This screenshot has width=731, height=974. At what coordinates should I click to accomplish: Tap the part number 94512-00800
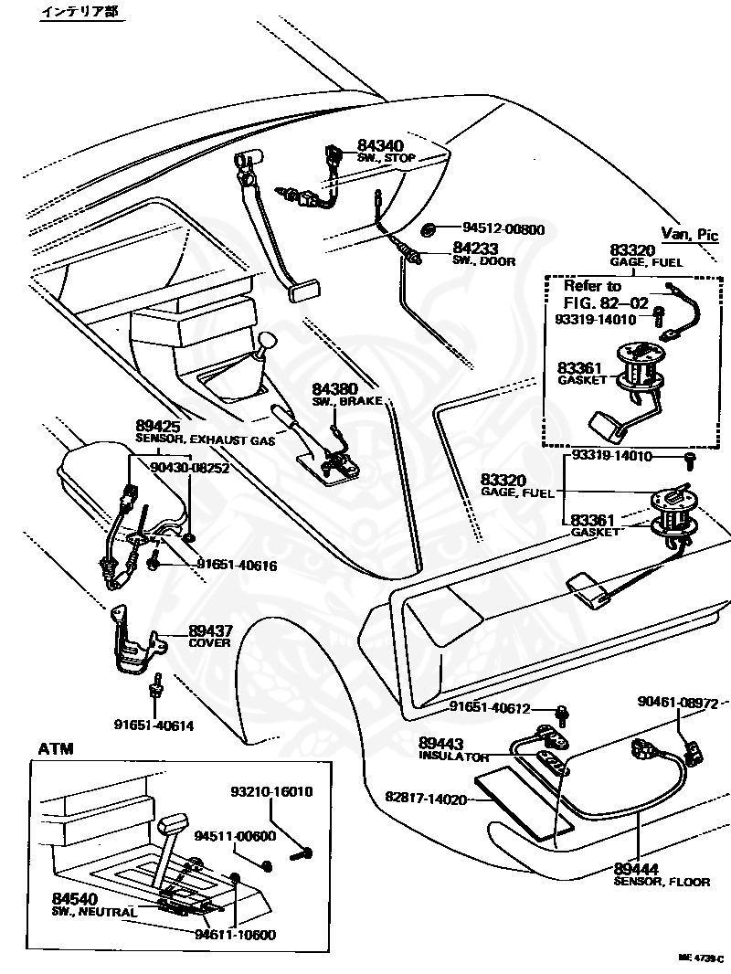pos(503,229)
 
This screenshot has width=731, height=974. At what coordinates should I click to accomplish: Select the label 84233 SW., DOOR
pos(483,253)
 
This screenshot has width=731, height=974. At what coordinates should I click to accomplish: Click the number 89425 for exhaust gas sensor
pos(158,427)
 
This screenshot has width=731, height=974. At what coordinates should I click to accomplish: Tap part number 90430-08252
pos(190,467)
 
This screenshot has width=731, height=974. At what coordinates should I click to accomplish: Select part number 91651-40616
pos(237,566)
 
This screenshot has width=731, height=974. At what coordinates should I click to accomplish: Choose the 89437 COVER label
pos(211,635)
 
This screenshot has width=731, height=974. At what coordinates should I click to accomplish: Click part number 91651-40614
pos(154,725)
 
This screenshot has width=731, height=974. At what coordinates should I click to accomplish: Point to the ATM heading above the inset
pos(56,749)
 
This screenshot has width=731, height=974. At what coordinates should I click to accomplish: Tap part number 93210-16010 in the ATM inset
pos(271,791)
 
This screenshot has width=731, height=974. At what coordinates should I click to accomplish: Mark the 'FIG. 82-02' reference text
pos(604,302)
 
